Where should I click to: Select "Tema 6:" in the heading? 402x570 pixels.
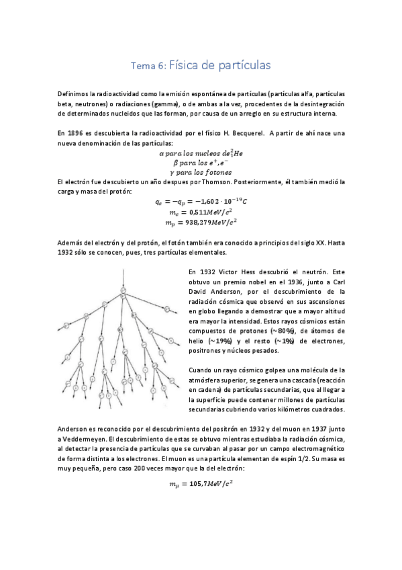[x=147, y=66]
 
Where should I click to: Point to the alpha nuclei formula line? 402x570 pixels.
[x=201, y=153]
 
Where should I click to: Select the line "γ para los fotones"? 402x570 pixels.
[x=201, y=172]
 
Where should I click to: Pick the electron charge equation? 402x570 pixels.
[x=201, y=200]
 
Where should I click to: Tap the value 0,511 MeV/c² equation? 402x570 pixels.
[x=201, y=211]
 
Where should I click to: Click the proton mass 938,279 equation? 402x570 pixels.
[x=201, y=222]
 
